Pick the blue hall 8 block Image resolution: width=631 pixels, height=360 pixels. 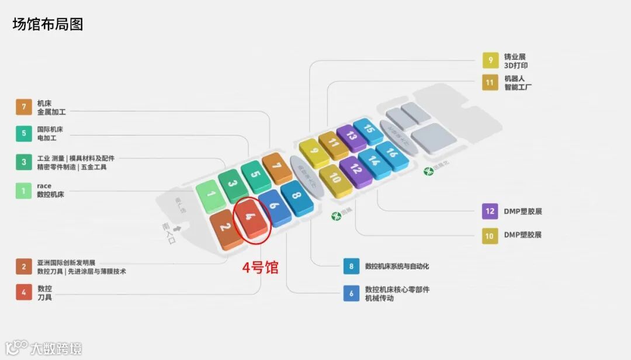[297, 197]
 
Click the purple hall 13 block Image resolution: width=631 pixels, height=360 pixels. [351, 137]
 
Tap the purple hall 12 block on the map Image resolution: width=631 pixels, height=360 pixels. [356, 170]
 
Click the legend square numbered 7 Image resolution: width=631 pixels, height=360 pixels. [24, 107]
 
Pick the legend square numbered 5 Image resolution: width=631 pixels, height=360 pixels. [24, 133]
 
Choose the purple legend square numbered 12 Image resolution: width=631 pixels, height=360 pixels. [490, 212]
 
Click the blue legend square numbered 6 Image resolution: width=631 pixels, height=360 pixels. [351, 293]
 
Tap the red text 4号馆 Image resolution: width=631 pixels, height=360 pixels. [261, 268]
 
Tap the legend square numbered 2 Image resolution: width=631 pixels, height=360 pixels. [24, 266]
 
